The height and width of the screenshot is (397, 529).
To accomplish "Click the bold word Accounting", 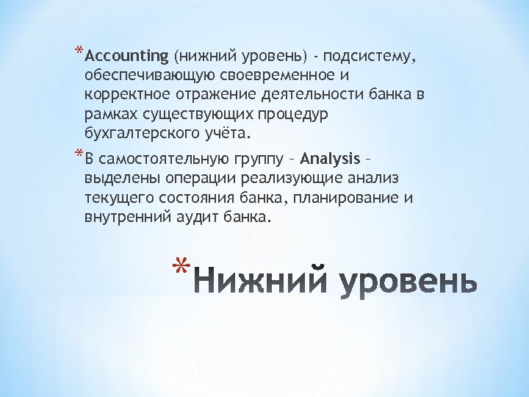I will pyautogui.click(x=127, y=56).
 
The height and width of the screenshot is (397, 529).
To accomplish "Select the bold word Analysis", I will pyautogui.click(x=331, y=158).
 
